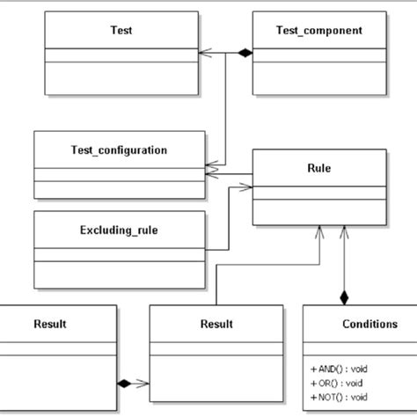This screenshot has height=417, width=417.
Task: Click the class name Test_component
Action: tap(318, 30)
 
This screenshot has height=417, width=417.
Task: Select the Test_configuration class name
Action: tap(120, 150)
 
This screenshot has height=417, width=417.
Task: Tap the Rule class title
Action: tap(318, 167)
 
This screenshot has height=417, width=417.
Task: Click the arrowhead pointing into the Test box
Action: tap(207, 54)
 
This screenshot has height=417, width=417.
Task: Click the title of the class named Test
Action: tap(120, 30)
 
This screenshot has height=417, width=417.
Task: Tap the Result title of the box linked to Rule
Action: tap(216, 324)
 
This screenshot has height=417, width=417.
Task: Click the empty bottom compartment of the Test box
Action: tap(120, 77)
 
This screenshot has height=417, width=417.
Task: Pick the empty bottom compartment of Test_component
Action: tap(318, 77)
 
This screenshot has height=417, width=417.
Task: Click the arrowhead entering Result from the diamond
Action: tap(143, 383)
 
